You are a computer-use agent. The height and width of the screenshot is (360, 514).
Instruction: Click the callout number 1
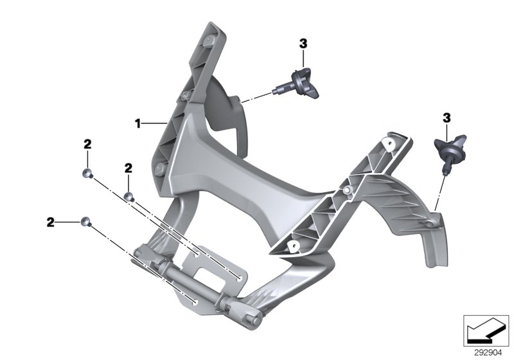pos(137,122)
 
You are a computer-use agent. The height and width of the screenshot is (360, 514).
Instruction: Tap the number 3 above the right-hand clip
pos(447,118)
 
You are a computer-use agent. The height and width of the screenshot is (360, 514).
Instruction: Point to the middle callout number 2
pos(128,168)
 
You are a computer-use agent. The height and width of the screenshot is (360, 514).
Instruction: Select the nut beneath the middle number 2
pos(128,196)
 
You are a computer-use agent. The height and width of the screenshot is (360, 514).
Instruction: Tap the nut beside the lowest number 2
pos(85,222)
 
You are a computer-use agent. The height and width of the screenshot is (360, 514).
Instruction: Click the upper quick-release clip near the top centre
pos(300,84)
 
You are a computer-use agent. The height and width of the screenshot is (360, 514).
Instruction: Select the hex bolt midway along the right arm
pos(348,190)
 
